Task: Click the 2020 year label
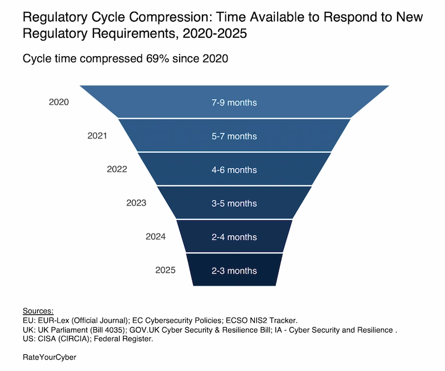[x=59, y=102]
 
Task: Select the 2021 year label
[x=97, y=136]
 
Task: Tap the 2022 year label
[x=117, y=169]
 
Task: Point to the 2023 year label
[x=136, y=203]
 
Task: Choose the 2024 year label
[x=156, y=236]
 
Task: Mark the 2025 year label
[x=165, y=270]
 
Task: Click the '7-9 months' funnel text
[x=234, y=103]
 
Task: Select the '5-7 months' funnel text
[x=234, y=136]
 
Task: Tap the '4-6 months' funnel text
[x=234, y=170]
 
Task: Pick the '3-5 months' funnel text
[x=234, y=204]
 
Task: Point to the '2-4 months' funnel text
[x=234, y=237]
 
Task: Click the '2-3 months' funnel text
[x=234, y=271]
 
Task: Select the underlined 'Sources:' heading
[x=38, y=310]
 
